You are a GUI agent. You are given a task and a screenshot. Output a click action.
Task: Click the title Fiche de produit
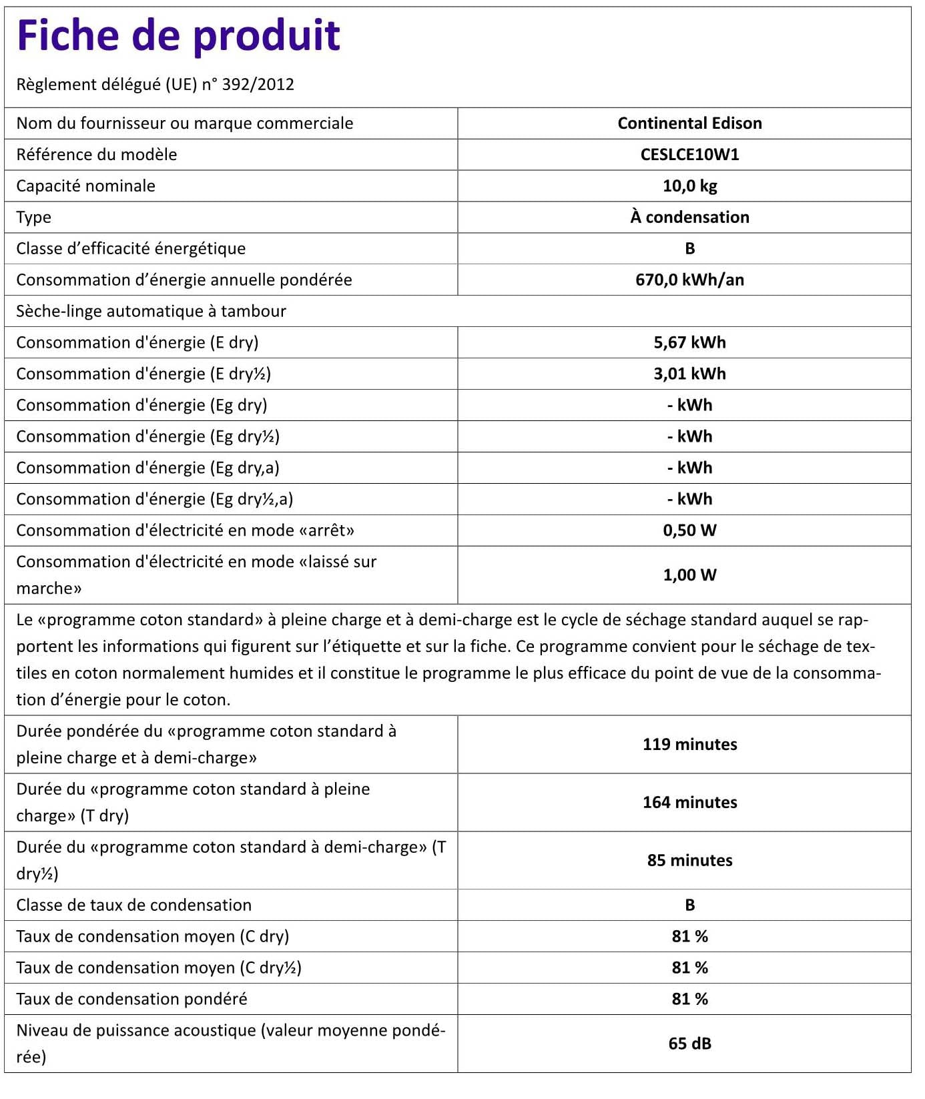[178, 36]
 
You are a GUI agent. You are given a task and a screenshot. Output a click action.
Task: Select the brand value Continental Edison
[689, 123]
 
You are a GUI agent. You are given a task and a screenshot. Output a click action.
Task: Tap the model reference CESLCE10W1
[689, 155]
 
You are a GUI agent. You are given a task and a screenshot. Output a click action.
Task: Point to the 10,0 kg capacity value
[689, 186]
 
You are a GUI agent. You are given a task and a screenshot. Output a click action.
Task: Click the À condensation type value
[689, 218]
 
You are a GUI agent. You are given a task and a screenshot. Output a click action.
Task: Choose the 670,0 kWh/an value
[689, 280]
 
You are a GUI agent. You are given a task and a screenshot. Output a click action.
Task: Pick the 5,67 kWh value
[689, 343]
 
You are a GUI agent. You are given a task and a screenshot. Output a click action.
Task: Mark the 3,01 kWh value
[689, 374]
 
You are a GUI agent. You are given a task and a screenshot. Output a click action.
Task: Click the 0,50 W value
[689, 531]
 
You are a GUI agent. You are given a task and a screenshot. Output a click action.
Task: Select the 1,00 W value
[689, 575]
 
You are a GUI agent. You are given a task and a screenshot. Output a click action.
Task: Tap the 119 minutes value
[689, 745]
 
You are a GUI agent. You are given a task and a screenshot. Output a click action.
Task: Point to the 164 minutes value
[689, 803]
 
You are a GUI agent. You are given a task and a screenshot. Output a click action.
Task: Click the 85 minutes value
[689, 861]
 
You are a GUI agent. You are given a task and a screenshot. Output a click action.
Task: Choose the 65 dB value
[689, 1044]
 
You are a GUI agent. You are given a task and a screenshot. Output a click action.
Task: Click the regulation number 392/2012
[258, 85]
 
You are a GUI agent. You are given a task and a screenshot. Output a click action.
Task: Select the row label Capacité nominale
[85, 186]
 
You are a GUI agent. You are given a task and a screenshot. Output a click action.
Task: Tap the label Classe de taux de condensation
[133, 905]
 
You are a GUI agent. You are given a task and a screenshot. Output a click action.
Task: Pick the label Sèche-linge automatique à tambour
[151, 312]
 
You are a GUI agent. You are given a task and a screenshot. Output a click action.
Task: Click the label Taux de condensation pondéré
[131, 1000]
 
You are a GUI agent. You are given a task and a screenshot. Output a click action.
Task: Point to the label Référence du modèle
[97, 155]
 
